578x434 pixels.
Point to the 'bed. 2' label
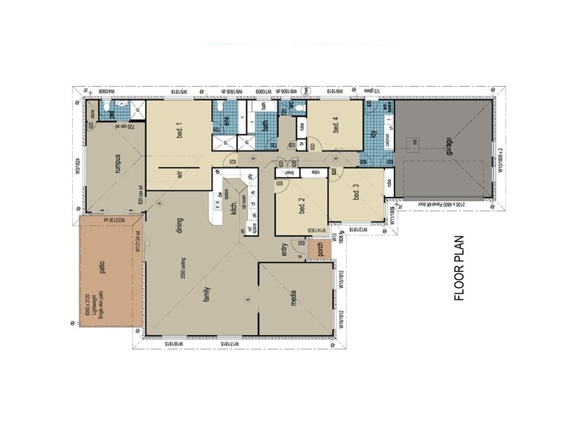point(301,205)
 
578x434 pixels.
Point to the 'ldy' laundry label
point(374,135)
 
